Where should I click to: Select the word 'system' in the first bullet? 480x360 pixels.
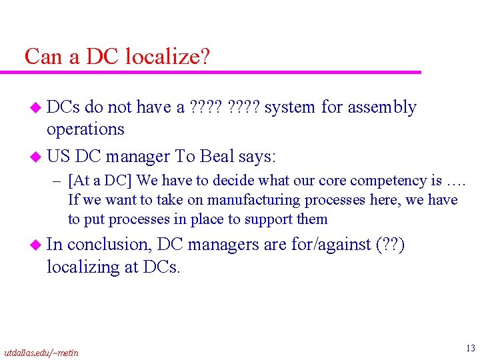point(291,107)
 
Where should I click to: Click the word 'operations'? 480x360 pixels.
point(85,129)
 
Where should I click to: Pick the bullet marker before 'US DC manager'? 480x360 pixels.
point(36,157)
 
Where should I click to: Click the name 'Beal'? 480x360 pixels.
point(217,157)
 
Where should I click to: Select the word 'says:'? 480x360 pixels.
point(257,157)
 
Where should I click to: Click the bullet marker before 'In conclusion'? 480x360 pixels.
point(36,245)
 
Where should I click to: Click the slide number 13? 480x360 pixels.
point(471,347)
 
